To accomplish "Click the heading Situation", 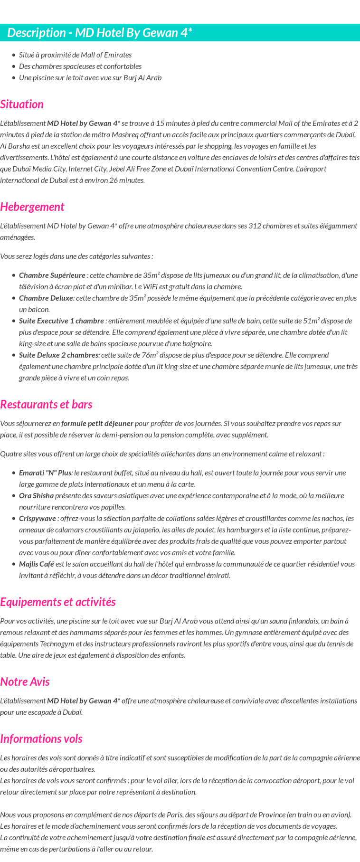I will coord(22,104).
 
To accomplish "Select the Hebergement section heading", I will coord(32,207).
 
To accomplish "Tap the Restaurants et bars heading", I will coord(46,405).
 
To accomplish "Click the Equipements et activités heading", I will coord(57,602).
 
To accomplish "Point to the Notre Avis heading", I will coord(25,682).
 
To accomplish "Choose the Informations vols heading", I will coord(41,739).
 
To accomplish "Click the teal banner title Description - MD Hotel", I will coord(100,33).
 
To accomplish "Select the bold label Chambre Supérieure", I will coord(52,275).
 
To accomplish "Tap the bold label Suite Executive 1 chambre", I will coord(61,321).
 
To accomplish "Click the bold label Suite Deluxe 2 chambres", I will coord(58,355).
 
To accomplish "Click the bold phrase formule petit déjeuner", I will coord(97,424).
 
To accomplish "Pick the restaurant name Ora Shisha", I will coord(36,496).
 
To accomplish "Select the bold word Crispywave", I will coord(37,519).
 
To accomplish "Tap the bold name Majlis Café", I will coord(36,564).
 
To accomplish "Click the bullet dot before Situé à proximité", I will coord(14,55).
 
